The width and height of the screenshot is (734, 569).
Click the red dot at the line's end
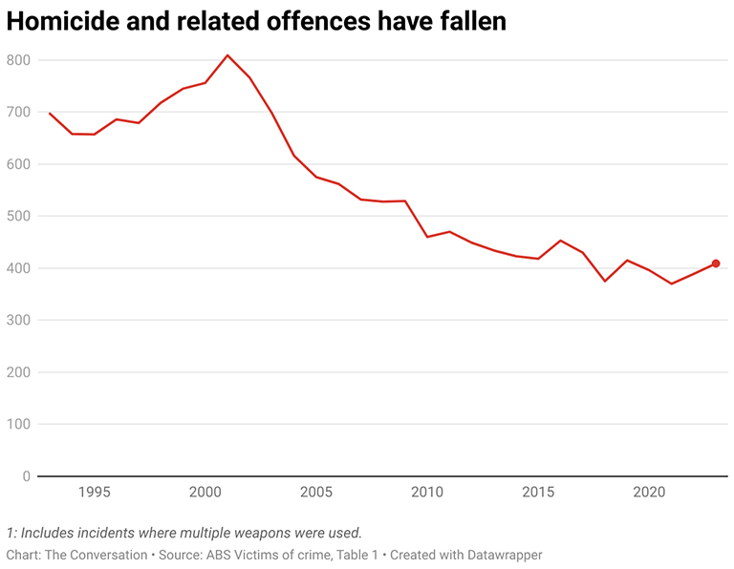716,263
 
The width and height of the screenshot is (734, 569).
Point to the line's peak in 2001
227,55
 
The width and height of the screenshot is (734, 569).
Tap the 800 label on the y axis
19,60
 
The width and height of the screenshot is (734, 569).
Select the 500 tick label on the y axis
19,217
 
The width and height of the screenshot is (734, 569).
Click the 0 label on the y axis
27,476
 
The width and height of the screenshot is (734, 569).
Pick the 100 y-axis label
19,425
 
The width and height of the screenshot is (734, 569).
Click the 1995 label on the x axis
94,493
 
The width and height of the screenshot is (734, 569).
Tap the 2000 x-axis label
205,493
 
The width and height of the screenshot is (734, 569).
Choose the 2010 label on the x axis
427,493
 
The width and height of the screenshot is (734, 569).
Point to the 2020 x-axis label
650,493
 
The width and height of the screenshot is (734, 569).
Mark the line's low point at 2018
605,281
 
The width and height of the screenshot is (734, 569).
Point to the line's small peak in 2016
561,241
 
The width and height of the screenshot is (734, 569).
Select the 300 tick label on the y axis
19,321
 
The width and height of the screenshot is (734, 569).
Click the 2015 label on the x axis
538,493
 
